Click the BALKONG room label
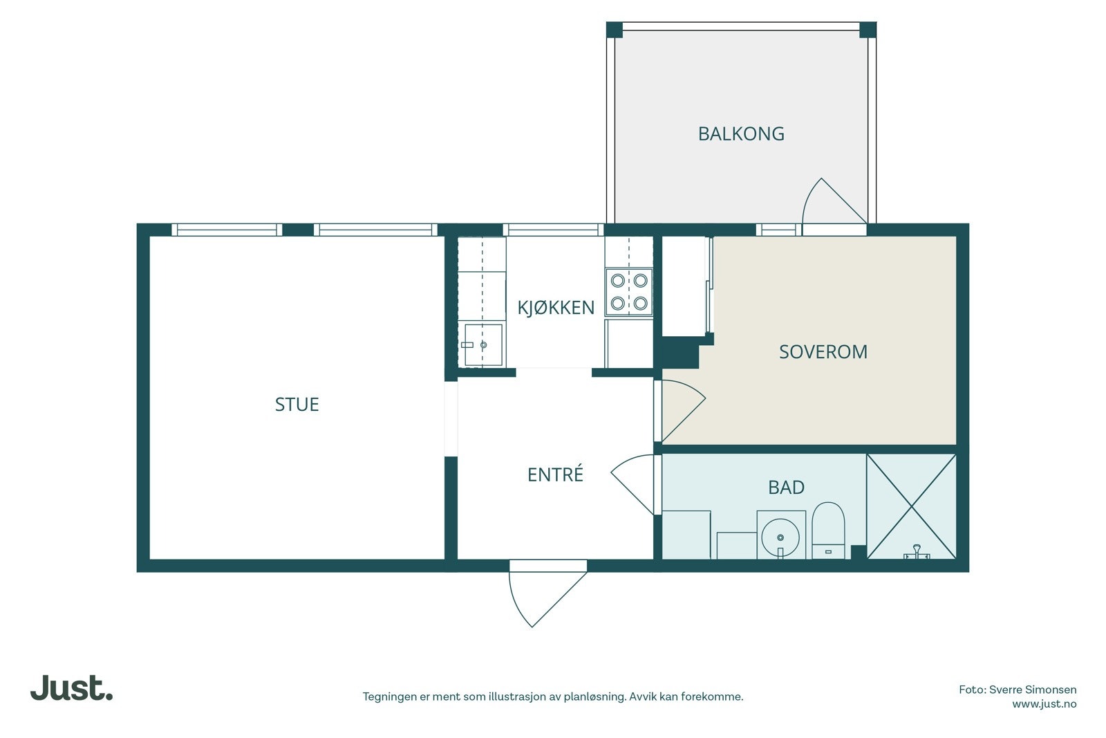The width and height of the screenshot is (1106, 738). pyautogui.click(x=741, y=134)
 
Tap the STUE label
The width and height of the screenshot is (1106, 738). pyautogui.click(x=297, y=405)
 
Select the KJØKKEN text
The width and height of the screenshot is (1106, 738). pyautogui.click(x=556, y=308)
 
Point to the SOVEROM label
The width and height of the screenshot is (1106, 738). pyautogui.click(x=823, y=352)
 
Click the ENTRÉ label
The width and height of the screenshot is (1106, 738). pyautogui.click(x=556, y=474)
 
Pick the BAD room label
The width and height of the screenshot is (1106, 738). pyautogui.click(x=787, y=488)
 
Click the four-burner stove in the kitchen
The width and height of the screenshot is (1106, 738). pyautogui.click(x=629, y=292)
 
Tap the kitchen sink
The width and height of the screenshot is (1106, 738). pyautogui.click(x=483, y=344)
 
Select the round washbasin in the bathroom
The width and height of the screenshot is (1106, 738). pyautogui.click(x=780, y=537)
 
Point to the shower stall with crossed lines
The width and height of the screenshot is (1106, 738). pyautogui.click(x=912, y=507)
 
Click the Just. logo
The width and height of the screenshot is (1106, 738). pyautogui.click(x=72, y=688)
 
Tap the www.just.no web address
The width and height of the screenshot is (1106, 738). pyautogui.click(x=1044, y=704)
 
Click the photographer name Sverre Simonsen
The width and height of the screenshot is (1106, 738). pyautogui.click(x=1033, y=690)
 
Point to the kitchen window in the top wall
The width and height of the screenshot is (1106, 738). pyautogui.click(x=553, y=230)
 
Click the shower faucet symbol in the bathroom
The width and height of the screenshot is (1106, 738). pyautogui.click(x=917, y=552)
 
